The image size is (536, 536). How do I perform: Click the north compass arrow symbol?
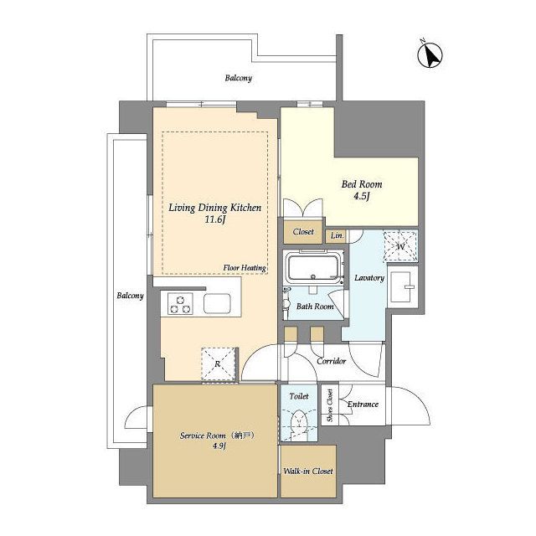point(430,54)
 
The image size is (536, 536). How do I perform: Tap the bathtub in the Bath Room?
point(313,268)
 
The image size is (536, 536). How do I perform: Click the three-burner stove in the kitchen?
point(180,304)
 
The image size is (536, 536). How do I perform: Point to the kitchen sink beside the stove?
point(217,303)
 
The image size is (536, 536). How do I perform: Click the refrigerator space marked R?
point(219,363)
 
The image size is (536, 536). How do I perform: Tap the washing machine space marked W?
point(400,246)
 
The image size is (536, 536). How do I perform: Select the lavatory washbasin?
point(403,287)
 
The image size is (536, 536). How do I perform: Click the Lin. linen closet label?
point(337,235)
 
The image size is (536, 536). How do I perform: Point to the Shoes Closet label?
point(330,405)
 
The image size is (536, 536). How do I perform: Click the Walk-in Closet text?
point(308,471)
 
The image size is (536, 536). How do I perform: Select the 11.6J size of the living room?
point(214,219)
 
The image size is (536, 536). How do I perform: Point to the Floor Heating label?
point(245,268)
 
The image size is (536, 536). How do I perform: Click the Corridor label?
point(332,361)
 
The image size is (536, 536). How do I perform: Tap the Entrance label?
point(363,405)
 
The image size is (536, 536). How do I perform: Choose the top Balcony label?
point(238,78)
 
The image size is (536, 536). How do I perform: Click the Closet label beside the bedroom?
point(303,232)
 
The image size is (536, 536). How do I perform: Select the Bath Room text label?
point(315,307)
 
